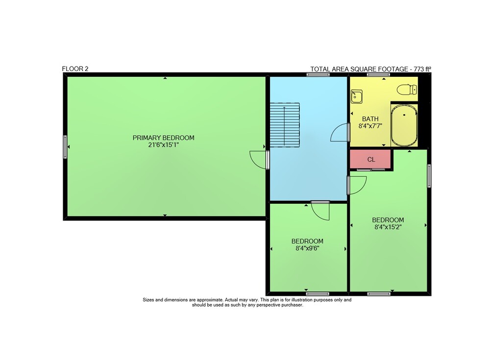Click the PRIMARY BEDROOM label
click(164, 138)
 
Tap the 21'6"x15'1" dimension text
click(164, 145)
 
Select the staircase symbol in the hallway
click(285, 125)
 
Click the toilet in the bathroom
click(407, 89)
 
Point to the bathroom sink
click(357, 96)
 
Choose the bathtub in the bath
click(404, 125)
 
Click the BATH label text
click(370, 119)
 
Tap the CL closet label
click(371, 160)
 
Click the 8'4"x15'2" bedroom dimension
click(388, 227)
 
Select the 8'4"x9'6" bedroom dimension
click(307, 248)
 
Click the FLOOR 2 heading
click(75, 69)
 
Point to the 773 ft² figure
click(422, 69)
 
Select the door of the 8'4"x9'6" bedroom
click(320, 210)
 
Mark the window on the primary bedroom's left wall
click(65, 147)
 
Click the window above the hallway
click(318, 74)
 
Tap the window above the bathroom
click(378, 74)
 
